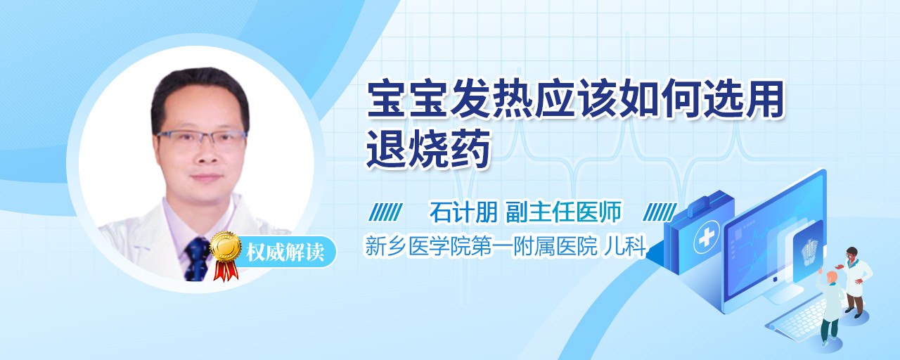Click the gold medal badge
[x=226, y=247]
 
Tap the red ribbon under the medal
[x=226, y=270]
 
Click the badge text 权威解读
[x=285, y=252]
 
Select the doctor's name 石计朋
[x=463, y=212]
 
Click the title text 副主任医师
[x=563, y=212]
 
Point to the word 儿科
[x=625, y=246]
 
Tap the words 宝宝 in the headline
[x=407, y=99]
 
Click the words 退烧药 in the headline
[x=428, y=148]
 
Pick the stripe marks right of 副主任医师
[x=660, y=212]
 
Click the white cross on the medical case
[x=707, y=237]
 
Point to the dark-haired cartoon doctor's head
[x=851, y=253]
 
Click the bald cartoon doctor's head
[x=832, y=277]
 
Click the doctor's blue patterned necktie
[x=197, y=259]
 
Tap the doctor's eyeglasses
[x=201, y=139]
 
